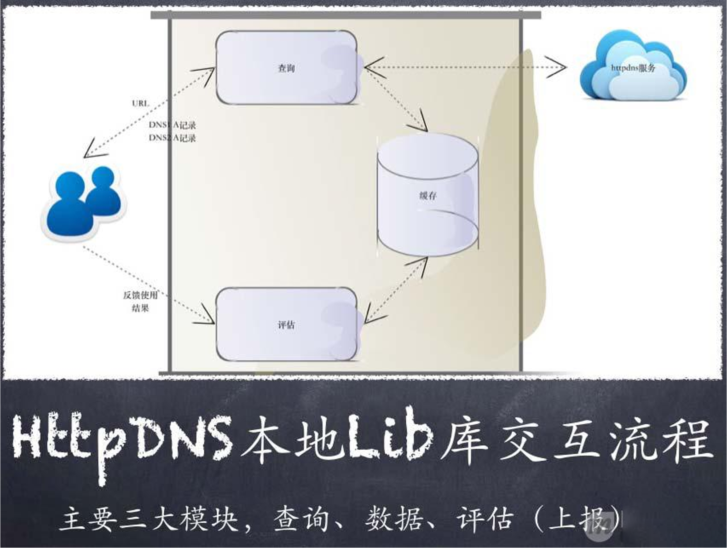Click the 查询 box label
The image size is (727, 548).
pos(286,68)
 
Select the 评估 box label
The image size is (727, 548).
pos(286,325)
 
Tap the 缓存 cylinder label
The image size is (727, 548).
pos(428,196)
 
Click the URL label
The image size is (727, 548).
pos(140,103)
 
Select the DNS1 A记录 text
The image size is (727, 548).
pos(172,125)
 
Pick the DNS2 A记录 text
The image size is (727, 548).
pos(172,138)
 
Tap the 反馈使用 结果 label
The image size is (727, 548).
pos(141,302)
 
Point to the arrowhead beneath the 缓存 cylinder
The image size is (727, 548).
pos(421,263)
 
